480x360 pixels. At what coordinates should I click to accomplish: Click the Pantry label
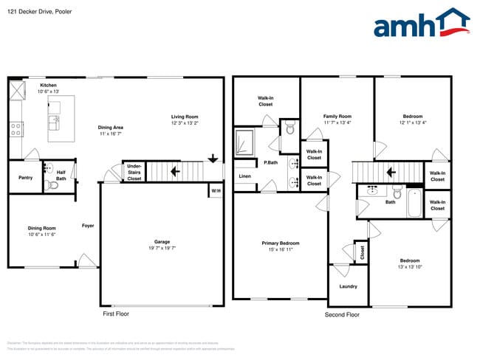pos(25,178)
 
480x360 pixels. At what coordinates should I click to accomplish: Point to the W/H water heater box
pos(216,191)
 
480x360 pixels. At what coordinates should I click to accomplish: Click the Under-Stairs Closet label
pos(134,173)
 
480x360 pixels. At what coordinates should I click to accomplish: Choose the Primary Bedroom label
pos(280,243)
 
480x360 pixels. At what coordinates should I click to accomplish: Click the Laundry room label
pos(349,285)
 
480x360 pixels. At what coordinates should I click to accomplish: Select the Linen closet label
pos(244,177)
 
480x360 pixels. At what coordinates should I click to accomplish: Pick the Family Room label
pos(337,116)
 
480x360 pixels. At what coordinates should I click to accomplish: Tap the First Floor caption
pos(117,314)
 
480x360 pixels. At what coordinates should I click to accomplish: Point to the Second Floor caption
pos(342,314)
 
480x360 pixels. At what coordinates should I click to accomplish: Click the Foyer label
pos(87,226)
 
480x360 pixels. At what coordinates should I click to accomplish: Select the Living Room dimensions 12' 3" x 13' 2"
pos(185,123)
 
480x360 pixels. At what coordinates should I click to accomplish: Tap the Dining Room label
pos(42,228)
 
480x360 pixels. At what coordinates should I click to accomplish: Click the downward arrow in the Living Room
pos(213,157)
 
